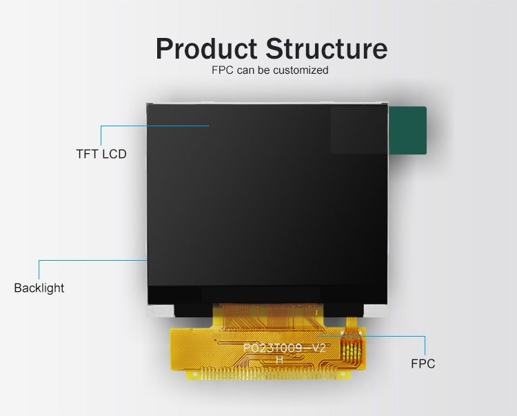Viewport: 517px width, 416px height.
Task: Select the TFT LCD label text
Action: [x=101, y=154]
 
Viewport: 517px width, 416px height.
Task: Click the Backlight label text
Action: [x=39, y=288]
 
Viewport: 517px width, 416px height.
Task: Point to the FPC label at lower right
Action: [x=423, y=364]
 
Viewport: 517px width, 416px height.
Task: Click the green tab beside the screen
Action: [x=408, y=130]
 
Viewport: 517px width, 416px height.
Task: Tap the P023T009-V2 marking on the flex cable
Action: [x=284, y=348]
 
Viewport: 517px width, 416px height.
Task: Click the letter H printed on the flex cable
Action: [x=279, y=360]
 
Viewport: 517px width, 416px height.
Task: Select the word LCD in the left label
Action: [x=114, y=154]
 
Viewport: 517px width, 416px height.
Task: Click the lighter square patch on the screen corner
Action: [x=358, y=130]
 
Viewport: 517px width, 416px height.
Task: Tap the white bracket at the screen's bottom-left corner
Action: [x=159, y=310]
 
